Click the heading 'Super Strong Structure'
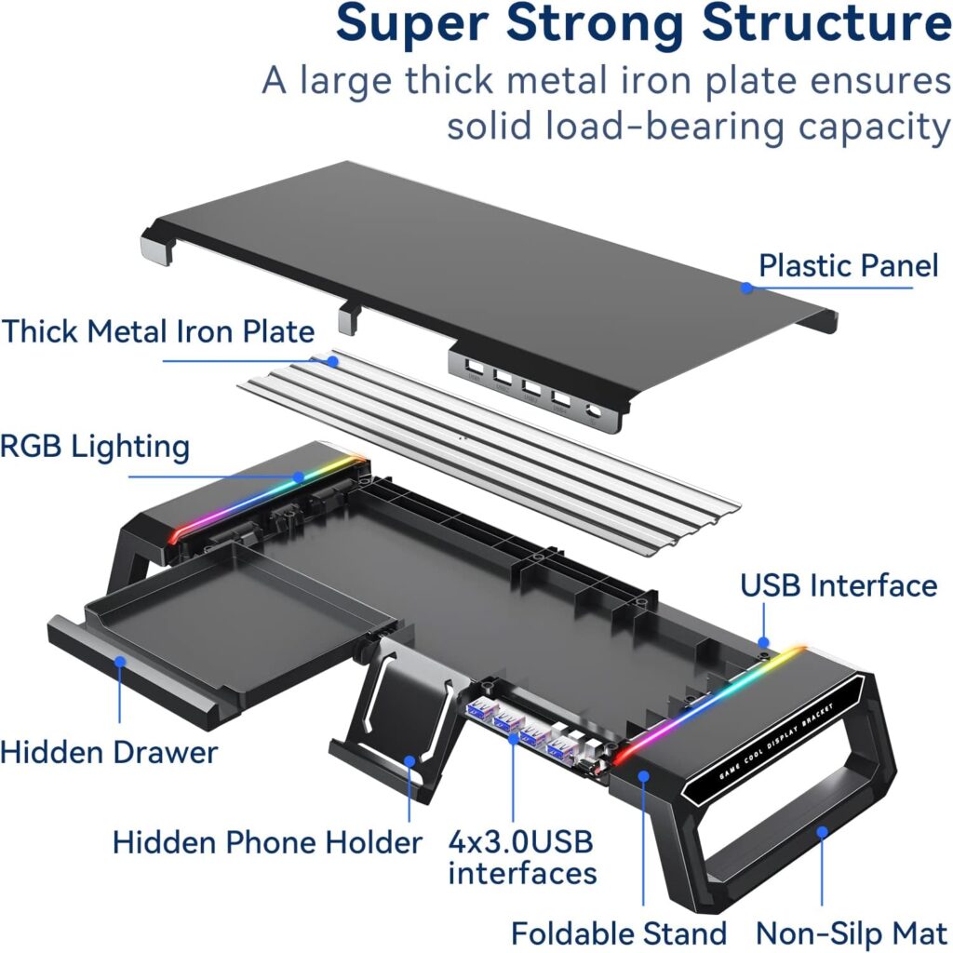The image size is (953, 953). [x=643, y=25]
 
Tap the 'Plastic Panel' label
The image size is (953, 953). [x=848, y=265]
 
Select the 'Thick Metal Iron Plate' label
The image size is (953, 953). [x=157, y=331]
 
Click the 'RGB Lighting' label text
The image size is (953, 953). [x=94, y=446]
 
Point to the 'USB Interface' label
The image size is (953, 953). [x=838, y=585]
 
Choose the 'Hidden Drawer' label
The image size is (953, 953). [x=109, y=751]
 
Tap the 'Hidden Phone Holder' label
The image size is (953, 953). [x=267, y=842]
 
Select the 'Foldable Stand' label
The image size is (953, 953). [x=619, y=933]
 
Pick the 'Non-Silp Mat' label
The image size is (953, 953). [x=851, y=933]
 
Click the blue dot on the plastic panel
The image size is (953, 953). [x=746, y=288]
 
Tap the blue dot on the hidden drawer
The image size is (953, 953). [x=119, y=663]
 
